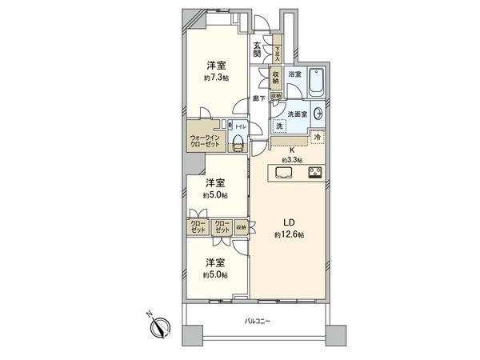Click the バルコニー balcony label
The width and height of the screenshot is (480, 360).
click(x=258, y=321)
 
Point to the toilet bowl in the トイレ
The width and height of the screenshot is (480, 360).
click(x=238, y=142)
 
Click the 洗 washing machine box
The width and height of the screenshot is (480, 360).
click(x=280, y=126)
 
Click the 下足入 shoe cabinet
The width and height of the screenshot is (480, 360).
click(x=278, y=52)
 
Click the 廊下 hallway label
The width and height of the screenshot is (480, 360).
click(x=258, y=98)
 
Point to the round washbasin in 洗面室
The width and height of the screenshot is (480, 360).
click(x=318, y=114)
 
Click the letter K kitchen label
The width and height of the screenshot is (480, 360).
click(x=292, y=149)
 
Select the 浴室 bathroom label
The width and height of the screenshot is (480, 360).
click(x=294, y=74)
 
